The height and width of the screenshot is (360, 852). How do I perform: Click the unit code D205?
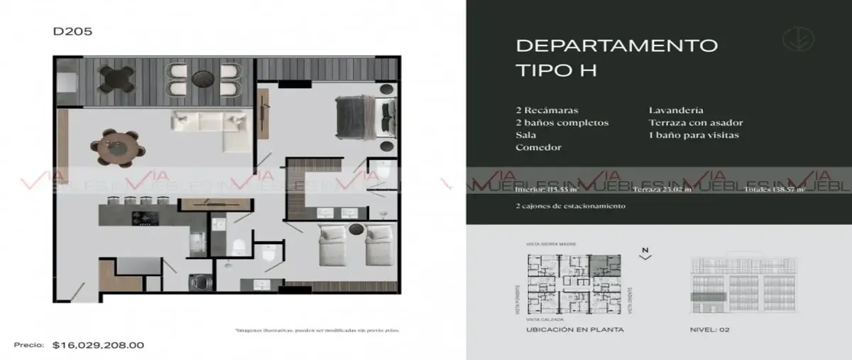[72, 31]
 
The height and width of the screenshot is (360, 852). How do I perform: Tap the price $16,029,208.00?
[98, 345]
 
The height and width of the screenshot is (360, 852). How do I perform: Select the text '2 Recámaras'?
[547, 111]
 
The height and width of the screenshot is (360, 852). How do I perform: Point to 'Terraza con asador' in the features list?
[695, 123]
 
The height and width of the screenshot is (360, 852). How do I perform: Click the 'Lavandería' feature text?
[676, 111]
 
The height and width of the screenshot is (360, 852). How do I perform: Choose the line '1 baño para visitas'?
[694, 135]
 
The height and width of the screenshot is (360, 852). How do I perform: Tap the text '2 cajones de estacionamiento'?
[571, 206]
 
